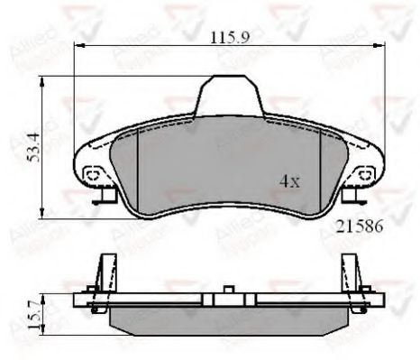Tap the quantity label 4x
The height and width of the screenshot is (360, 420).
click(x=288, y=180)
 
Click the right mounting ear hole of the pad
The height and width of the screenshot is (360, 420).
click(x=365, y=173)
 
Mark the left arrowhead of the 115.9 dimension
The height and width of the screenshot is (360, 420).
click(x=78, y=45)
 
